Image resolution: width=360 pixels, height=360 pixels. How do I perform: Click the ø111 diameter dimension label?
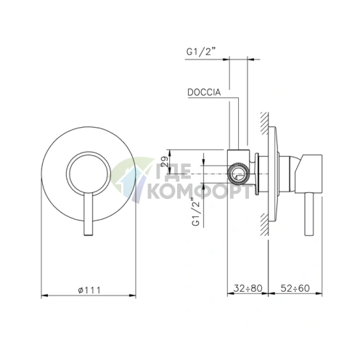click(x=89, y=290)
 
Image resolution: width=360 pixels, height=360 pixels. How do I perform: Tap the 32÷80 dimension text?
click(x=248, y=288)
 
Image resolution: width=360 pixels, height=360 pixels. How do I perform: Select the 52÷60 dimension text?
click(x=295, y=288)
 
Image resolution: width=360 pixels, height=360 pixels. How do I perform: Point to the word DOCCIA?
click(x=204, y=92)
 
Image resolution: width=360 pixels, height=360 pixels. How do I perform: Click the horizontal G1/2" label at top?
click(x=201, y=52)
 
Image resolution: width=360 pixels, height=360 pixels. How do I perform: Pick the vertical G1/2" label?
click(x=197, y=211)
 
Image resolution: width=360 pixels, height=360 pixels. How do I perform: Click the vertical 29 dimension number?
click(x=165, y=161)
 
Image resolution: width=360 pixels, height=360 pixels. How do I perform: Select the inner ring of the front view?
click(x=89, y=152)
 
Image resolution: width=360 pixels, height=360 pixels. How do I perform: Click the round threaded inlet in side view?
click(x=239, y=173)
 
